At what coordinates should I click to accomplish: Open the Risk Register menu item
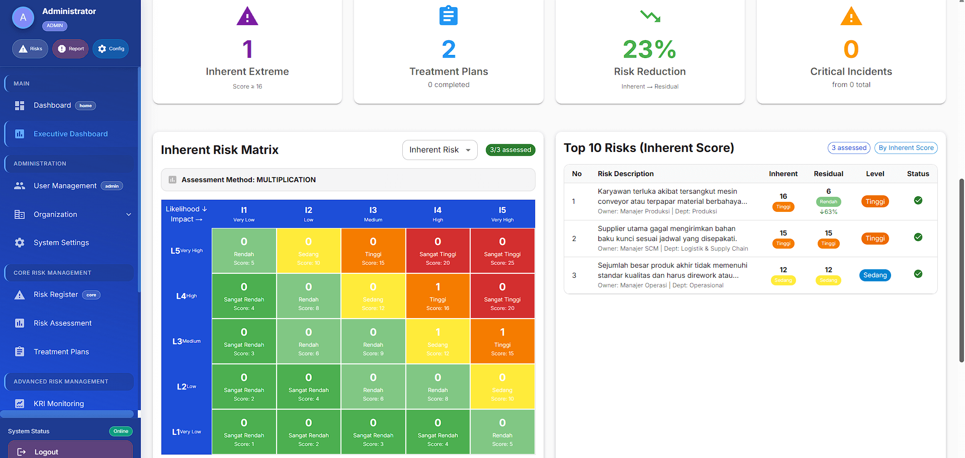coord(56,294)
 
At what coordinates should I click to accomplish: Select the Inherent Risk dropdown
coord(440,150)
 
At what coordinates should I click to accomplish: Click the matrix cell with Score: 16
coord(437,296)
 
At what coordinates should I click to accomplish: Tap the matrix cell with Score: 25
coord(502,251)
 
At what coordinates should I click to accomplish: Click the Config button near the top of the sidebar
coord(111,49)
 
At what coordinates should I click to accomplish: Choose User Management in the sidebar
coord(65,186)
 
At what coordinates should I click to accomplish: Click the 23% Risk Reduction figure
coord(649,49)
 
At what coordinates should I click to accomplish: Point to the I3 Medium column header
coord(373,213)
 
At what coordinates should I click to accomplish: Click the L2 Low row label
coord(186,387)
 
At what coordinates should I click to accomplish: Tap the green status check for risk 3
coord(918,274)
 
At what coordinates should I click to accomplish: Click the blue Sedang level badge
coord(874,275)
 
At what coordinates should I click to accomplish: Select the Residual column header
coord(828,174)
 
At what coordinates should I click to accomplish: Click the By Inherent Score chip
coord(906,148)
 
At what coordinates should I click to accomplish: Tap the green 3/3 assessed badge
coord(510,150)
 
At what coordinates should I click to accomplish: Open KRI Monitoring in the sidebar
coord(58,404)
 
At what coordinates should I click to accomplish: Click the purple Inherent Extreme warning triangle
coord(247,17)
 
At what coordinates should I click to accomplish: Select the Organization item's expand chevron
coord(129,214)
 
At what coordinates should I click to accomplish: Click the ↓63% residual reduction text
coord(828,212)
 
